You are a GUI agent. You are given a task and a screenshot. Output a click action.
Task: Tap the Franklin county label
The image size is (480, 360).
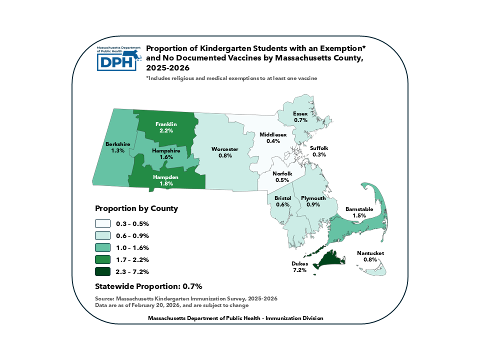coord(166,124)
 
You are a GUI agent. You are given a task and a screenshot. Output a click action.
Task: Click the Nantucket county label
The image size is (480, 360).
coord(370,253)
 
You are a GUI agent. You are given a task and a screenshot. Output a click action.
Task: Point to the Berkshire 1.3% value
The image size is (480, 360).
coord(117,150)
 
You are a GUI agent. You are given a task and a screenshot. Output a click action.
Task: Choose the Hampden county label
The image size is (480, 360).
coord(166,177)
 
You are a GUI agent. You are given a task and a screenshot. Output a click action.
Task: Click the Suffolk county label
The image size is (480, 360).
coord(319,148)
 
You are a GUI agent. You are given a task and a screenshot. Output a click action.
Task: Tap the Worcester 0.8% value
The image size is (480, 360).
coord(224,155)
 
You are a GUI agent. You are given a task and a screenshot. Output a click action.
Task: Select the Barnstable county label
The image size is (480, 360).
coord(358,209)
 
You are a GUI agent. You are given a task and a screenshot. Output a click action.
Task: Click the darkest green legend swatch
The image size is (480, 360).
coord(102,271)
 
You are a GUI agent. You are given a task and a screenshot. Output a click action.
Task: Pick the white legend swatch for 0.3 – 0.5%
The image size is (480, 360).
coord(102,223)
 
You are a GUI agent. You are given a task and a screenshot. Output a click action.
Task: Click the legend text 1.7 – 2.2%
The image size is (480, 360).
coord(132,259)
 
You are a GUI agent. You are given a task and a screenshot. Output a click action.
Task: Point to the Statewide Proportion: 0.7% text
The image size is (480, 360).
coord(148,286)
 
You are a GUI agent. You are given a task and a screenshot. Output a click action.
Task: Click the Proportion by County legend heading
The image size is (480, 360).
coord(136,208)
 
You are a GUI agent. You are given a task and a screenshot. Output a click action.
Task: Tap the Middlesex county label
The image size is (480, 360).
coord(272,135)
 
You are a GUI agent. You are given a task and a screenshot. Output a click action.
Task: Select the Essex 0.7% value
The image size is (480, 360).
coord(300,120)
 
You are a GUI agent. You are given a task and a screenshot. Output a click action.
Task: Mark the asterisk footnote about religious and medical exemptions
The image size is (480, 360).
coord(231,78)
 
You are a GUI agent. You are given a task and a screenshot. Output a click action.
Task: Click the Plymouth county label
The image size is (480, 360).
coord(313,198)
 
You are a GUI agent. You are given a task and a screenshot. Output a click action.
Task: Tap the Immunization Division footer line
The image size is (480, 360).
coord(236,318)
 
